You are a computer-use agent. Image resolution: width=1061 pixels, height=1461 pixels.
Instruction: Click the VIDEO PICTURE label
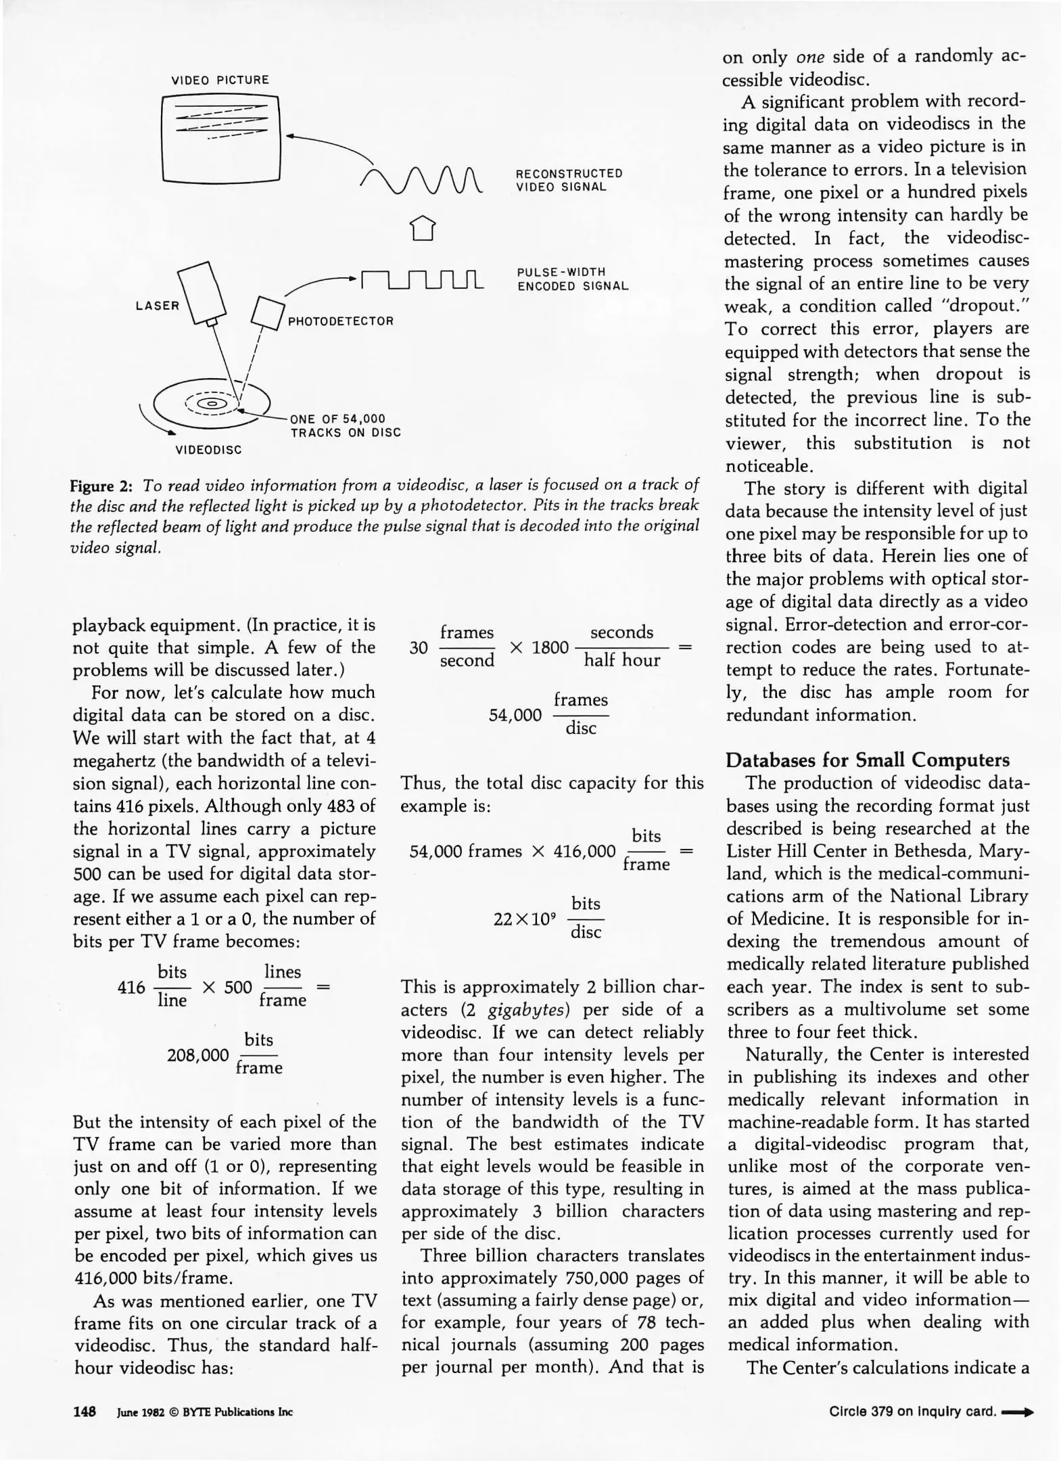(220, 80)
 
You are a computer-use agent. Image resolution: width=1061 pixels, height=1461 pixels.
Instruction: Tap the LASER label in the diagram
(157, 306)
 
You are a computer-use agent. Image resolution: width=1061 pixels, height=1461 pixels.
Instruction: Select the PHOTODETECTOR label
(340, 321)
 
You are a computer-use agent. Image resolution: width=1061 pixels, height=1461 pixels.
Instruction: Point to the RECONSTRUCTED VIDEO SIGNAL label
(569, 180)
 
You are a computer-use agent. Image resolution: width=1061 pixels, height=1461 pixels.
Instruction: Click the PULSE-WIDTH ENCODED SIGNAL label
(572, 279)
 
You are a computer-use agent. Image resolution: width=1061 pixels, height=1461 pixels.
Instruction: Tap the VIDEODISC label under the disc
(208, 450)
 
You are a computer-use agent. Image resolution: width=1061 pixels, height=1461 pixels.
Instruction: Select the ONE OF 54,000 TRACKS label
(345, 426)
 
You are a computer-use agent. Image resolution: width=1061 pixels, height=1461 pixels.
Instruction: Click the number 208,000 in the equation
(197, 1055)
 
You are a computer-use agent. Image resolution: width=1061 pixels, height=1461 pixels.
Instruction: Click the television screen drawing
(221, 139)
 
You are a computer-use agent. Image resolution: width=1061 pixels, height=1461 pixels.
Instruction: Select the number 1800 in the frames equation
(550, 647)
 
